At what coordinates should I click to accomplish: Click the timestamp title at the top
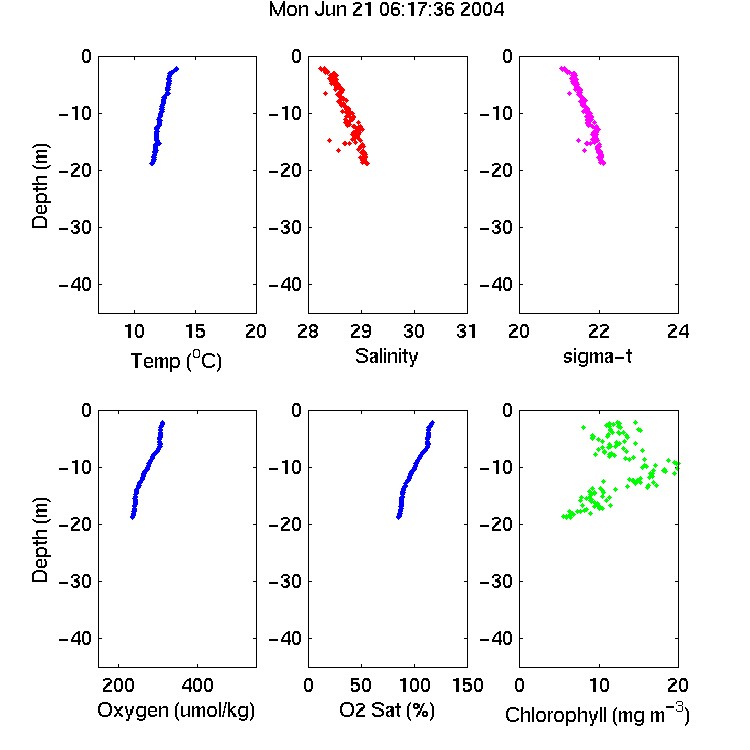click(x=386, y=9)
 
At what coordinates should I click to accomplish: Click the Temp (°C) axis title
click(x=176, y=360)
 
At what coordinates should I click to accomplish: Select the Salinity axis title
click(x=386, y=356)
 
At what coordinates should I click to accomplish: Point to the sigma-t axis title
click(x=597, y=356)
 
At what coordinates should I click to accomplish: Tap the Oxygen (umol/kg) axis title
click(x=176, y=710)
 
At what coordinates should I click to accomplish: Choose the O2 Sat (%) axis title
click(x=387, y=710)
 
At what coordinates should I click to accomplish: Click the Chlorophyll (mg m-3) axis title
click(x=597, y=714)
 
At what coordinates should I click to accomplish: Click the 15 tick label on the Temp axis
click(x=195, y=331)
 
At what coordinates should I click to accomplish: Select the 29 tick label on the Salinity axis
click(x=361, y=331)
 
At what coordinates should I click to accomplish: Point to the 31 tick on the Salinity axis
click(x=466, y=331)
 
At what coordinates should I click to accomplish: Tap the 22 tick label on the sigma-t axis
click(x=598, y=331)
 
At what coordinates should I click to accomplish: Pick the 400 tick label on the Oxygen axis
click(x=197, y=685)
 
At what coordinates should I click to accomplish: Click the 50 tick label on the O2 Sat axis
click(x=361, y=685)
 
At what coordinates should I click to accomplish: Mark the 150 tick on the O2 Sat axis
click(x=467, y=685)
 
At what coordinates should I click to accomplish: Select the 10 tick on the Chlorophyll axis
click(x=598, y=685)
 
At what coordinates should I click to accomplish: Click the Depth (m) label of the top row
click(x=40, y=186)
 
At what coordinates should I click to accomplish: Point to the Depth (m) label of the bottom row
click(x=40, y=540)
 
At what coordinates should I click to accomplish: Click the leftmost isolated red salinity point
click(x=330, y=140)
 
